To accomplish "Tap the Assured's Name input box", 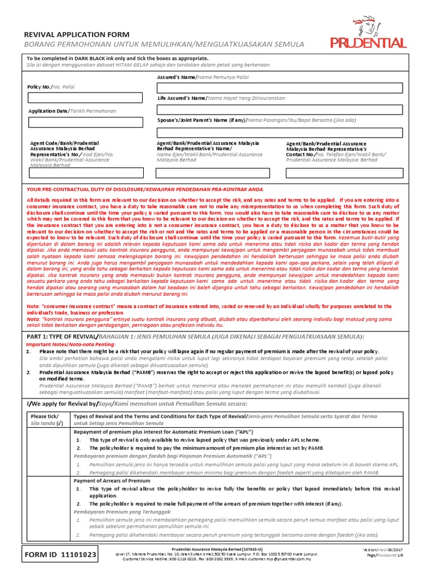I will coord(280,87).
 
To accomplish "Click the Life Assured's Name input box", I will coord(280,109).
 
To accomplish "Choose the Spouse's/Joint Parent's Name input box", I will coord(280,133).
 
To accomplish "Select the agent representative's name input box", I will coord(215,173).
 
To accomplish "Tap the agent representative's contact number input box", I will coord(344,173).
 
